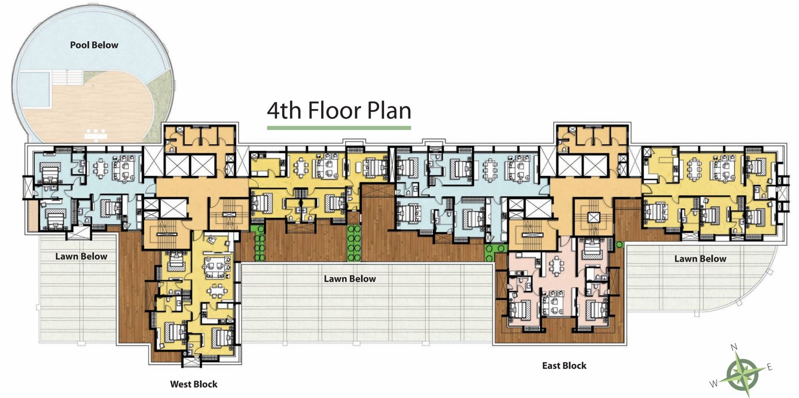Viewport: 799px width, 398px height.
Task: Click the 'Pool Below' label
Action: click(94, 45)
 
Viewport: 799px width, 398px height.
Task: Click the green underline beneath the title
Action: click(338, 127)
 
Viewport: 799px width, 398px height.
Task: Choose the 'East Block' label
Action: click(564, 365)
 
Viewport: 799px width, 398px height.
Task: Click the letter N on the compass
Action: click(735, 347)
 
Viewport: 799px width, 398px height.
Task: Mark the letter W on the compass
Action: click(713, 383)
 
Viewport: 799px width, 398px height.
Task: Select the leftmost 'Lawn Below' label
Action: click(81, 256)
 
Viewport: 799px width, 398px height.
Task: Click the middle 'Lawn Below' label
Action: click(350, 278)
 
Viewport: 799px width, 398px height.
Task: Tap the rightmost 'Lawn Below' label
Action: click(700, 259)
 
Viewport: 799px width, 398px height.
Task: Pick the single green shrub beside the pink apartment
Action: click(620, 244)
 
